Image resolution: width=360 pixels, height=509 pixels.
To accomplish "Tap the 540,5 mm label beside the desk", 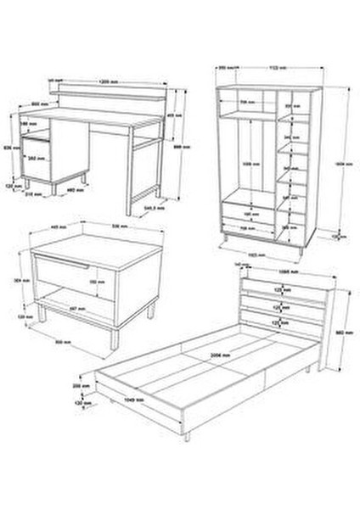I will (153, 207).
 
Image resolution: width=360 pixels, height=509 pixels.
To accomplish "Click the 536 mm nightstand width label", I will (98, 227).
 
